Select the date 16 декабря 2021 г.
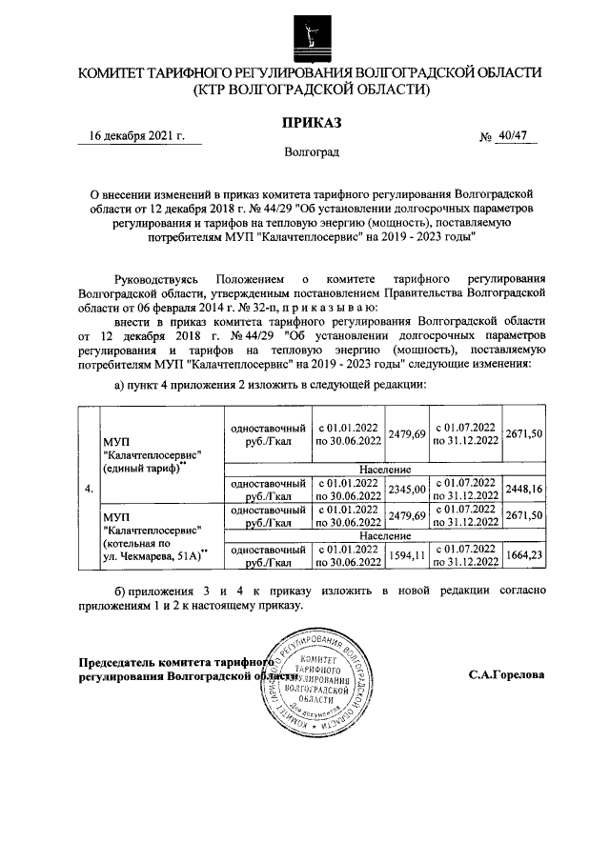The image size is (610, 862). click(131, 137)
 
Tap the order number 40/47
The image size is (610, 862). click(510, 137)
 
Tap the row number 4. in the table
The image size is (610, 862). click(89, 490)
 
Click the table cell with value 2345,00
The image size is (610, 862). click(407, 490)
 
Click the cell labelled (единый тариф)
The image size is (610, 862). click(143, 468)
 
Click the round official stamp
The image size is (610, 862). click(310, 685)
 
